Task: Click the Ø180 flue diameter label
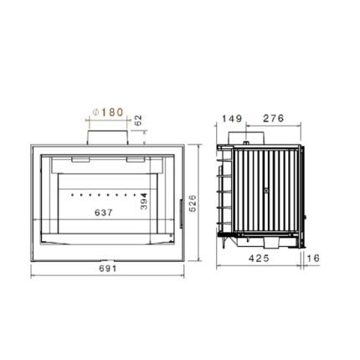pos(108,112)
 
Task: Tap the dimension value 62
pos(138,121)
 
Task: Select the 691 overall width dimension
pos(107,269)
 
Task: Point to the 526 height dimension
pos(193,203)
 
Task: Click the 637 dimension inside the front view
pos(104,213)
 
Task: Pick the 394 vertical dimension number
pos(144,201)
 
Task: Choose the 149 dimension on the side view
pos(232,119)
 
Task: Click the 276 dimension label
pos(273,118)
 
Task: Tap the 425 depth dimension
pos(259,258)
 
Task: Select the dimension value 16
pos(313,258)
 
